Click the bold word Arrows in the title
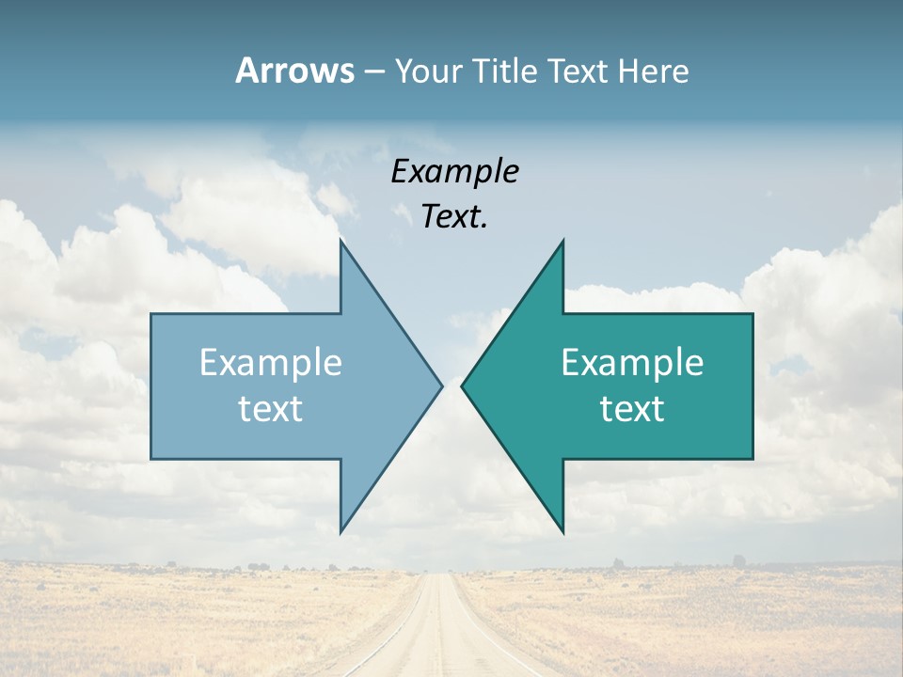pos(294,71)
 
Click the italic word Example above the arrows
pos(454,171)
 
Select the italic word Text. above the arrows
pos(454,216)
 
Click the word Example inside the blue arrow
pos(271,362)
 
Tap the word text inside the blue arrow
pos(271,408)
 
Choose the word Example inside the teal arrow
pos(632,362)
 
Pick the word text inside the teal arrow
pos(632,408)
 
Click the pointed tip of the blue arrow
pos(441,386)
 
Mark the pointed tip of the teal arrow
pos(462,386)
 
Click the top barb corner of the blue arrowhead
pos(341,241)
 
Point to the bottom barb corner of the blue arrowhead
pos(341,532)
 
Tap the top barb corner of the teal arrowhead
pos(562,241)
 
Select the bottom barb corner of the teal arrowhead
pos(562,532)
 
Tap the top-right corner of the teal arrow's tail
pos(752,314)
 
